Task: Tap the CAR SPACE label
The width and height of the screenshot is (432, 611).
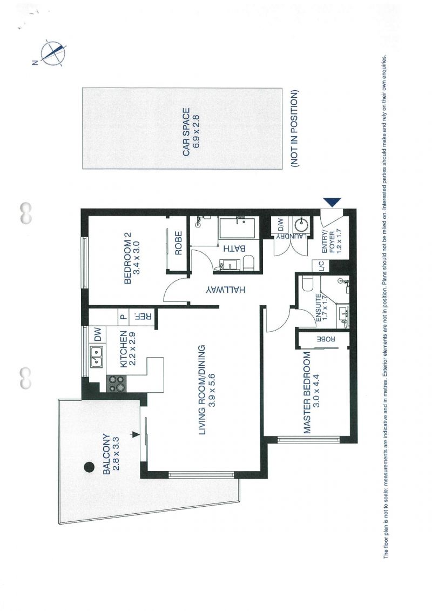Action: [x=186, y=132]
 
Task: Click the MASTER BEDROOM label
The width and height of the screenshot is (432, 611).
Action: [x=307, y=393]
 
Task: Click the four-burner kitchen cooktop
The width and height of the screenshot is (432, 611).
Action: [x=115, y=383]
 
